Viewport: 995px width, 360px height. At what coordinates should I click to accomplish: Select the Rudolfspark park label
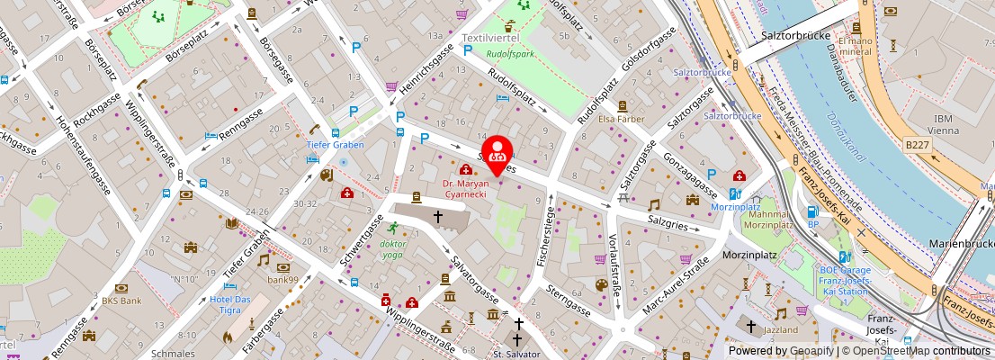(x=511, y=53)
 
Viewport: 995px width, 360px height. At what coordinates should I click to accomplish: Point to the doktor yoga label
(x=392, y=249)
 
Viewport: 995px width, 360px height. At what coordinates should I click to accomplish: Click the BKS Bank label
(x=121, y=301)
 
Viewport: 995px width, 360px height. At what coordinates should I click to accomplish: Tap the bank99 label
(x=282, y=280)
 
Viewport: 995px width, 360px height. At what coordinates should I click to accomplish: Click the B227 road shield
(x=919, y=145)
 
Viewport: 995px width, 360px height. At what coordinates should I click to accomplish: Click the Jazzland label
(x=781, y=329)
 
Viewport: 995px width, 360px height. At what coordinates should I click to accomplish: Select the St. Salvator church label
(x=516, y=354)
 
